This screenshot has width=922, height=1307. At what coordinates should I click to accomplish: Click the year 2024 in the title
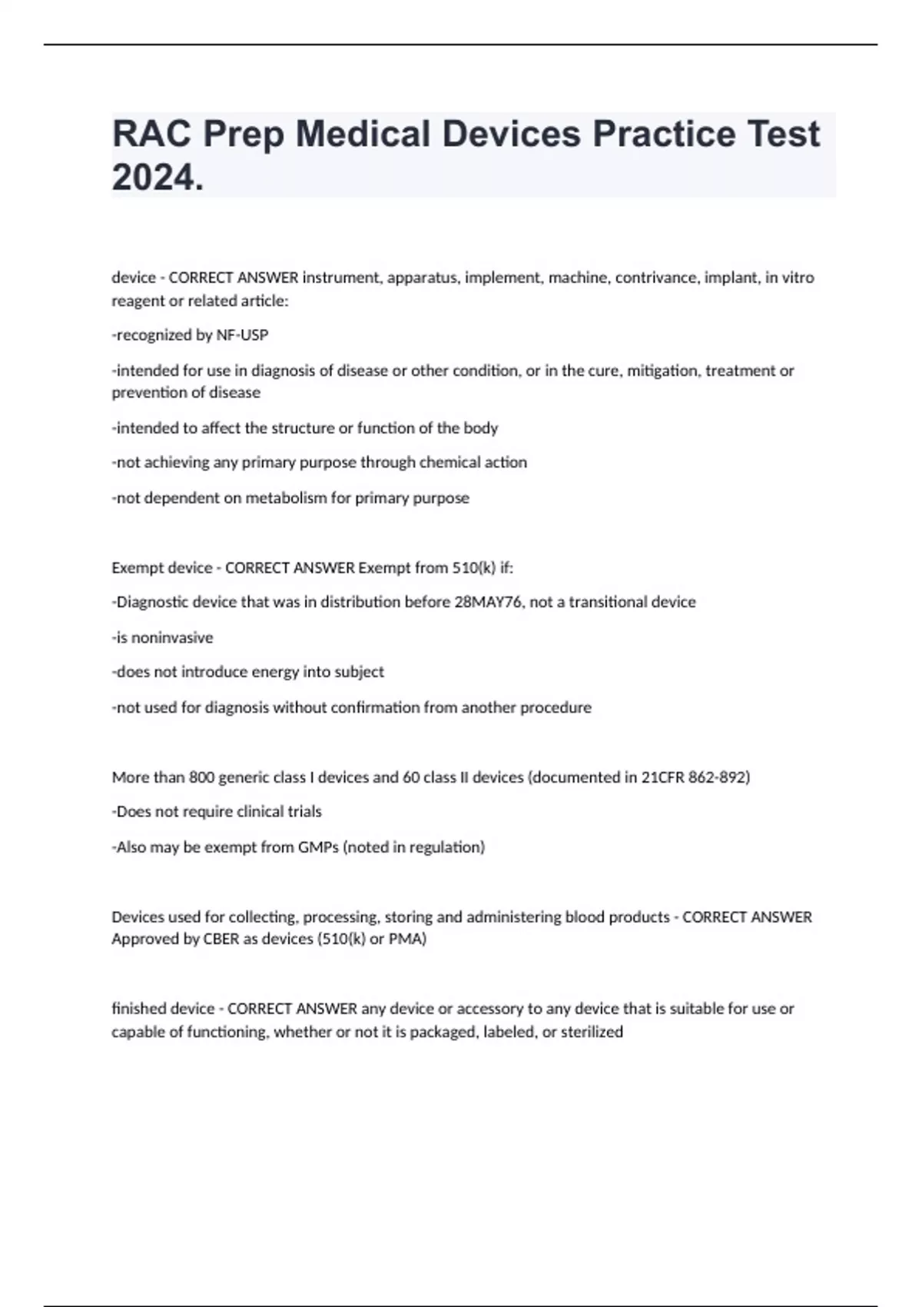point(156,178)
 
